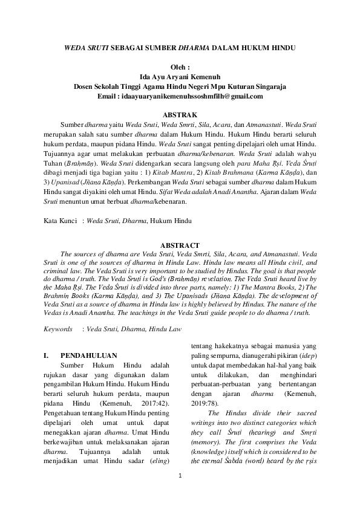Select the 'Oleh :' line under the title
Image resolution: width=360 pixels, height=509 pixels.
[180, 68]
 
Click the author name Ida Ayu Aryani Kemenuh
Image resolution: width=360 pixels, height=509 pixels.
[180, 77]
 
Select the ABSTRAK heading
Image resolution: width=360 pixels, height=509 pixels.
[180, 114]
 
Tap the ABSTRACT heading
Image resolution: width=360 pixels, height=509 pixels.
[180, 245]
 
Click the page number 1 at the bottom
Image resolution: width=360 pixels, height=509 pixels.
[180, 491]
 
